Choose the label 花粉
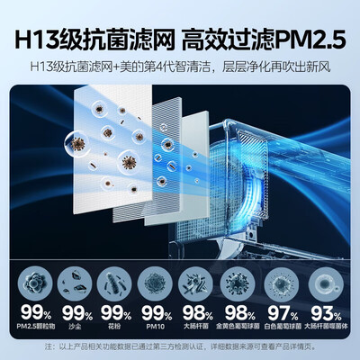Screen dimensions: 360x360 point(115,326)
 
